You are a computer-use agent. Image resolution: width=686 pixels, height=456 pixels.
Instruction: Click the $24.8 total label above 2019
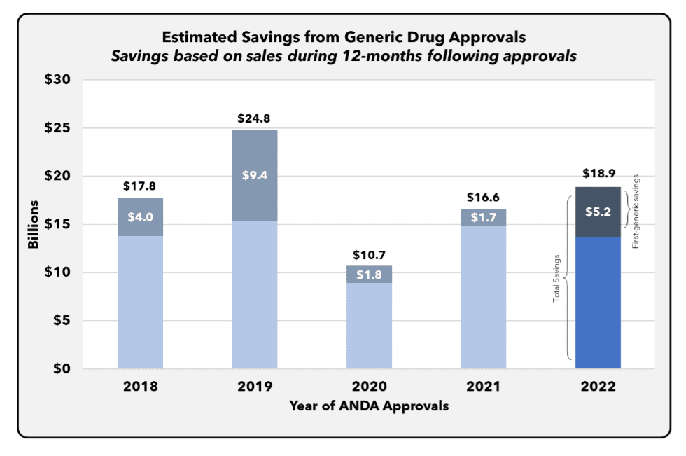click(255, 118)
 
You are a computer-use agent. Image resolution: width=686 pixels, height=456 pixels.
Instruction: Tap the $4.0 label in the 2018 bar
click(141, 217)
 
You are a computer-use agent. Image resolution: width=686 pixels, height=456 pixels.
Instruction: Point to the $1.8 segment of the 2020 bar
click(369, 274)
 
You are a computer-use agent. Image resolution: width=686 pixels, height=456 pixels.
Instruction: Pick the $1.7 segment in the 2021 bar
click(483, 217)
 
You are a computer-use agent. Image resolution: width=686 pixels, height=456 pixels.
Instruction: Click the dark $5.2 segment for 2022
click(598, 212)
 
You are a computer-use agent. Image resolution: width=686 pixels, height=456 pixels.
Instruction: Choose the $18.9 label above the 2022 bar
click(598, 173)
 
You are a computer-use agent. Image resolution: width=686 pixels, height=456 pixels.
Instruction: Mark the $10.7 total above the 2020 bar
click(369, 254)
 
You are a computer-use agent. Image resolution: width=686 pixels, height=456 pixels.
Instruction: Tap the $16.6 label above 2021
click(483, 198)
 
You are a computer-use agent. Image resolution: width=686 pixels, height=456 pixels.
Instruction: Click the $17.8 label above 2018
click(141, 186)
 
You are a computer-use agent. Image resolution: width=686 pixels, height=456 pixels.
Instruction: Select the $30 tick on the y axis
click(57, 81)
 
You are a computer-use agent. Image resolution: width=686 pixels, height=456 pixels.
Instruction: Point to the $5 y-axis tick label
click(62, 321)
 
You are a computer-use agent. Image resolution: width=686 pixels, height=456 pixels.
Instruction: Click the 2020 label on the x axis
click(369, 387)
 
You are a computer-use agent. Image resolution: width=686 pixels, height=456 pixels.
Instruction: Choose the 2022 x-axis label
click(598, 387)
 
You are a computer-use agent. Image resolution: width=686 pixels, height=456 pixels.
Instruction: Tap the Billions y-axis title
click(33, 224)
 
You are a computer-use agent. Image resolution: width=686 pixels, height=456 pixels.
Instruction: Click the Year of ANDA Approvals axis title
click(369, 406)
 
